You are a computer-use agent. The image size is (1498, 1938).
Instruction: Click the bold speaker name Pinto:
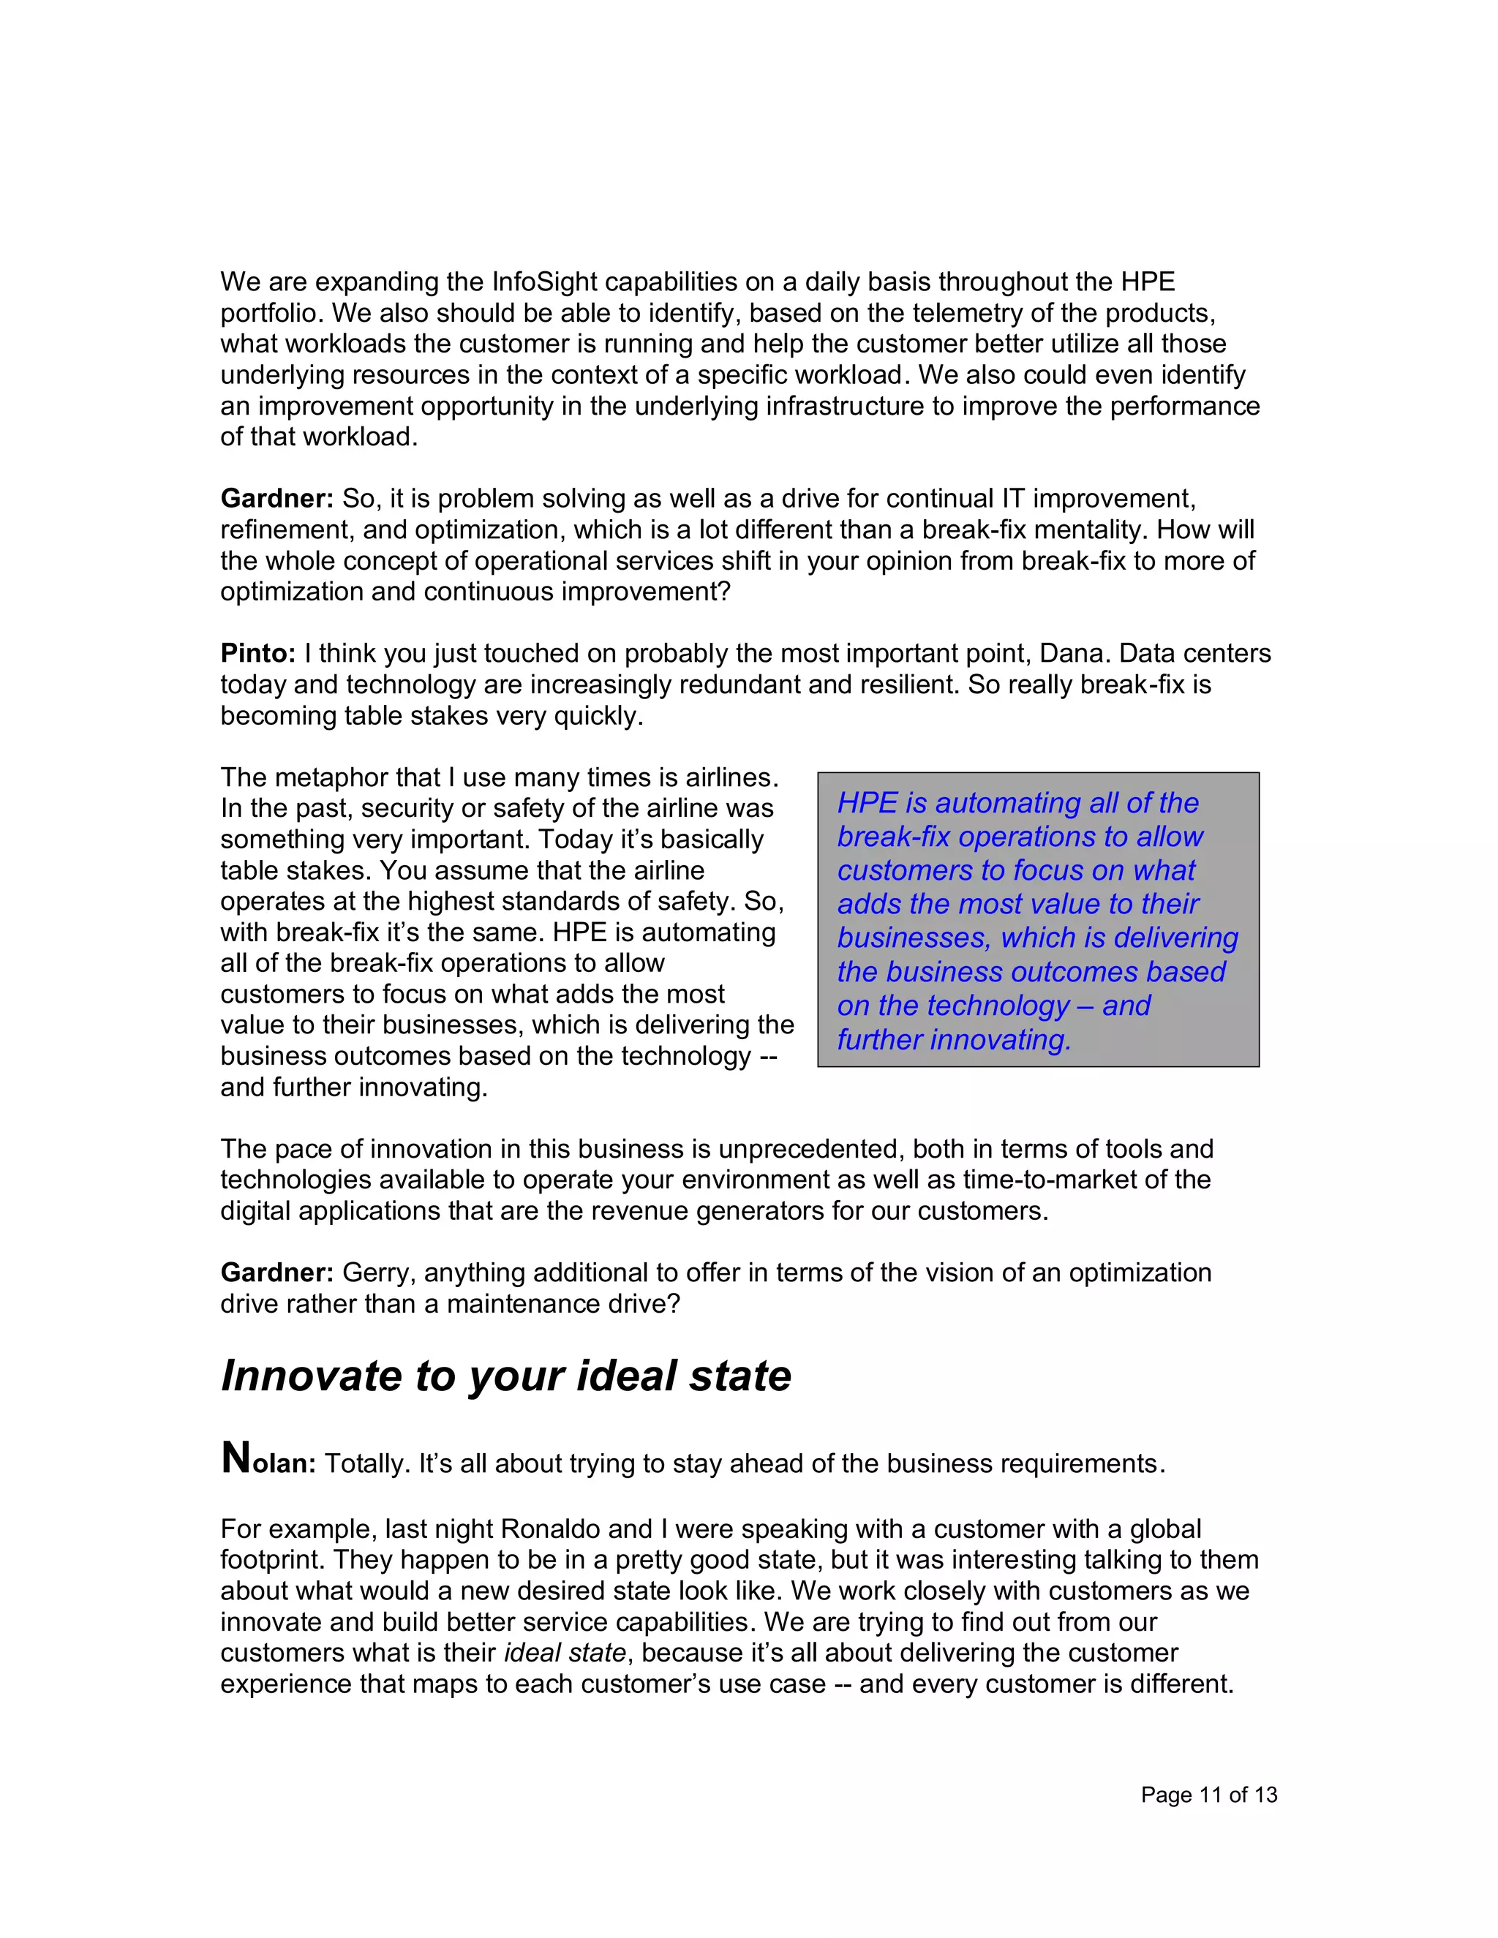[257, 653]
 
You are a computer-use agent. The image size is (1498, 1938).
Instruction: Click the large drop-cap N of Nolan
[236, 1457]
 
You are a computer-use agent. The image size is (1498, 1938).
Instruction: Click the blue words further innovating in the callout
[954, 1039]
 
